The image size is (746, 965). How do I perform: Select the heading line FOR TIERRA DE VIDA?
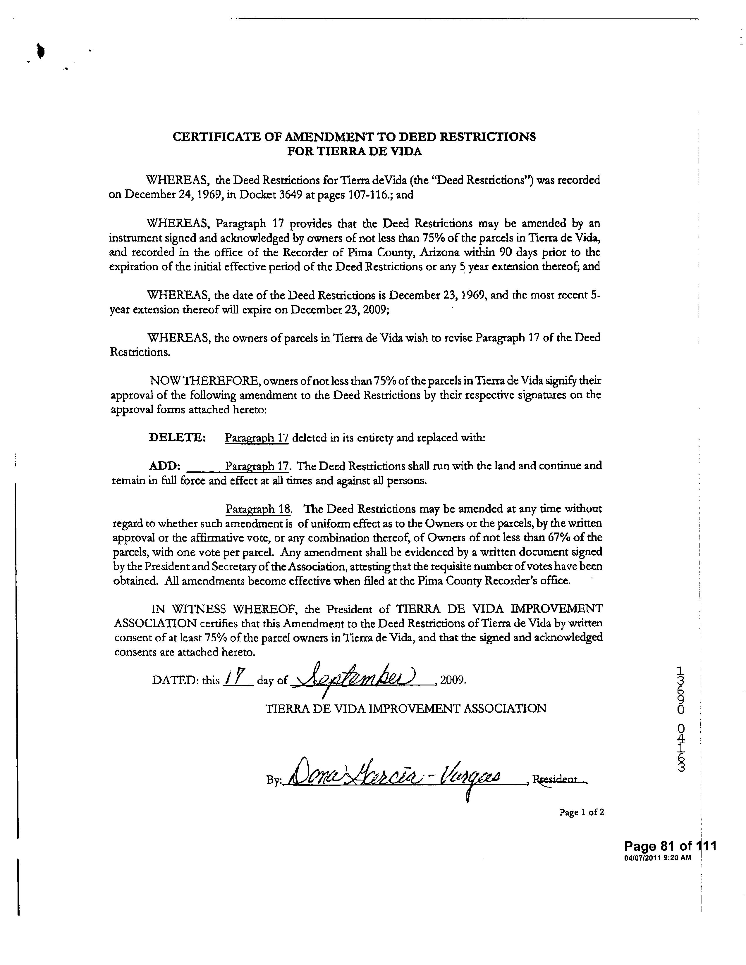point(355,151)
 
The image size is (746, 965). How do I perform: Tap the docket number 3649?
point(291,195)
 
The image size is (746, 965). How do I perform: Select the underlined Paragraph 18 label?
point(258,509)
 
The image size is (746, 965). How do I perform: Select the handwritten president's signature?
point(393,779)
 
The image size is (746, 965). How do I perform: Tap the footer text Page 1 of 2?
point(581,812)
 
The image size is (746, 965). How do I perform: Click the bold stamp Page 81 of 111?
point(670,846)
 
